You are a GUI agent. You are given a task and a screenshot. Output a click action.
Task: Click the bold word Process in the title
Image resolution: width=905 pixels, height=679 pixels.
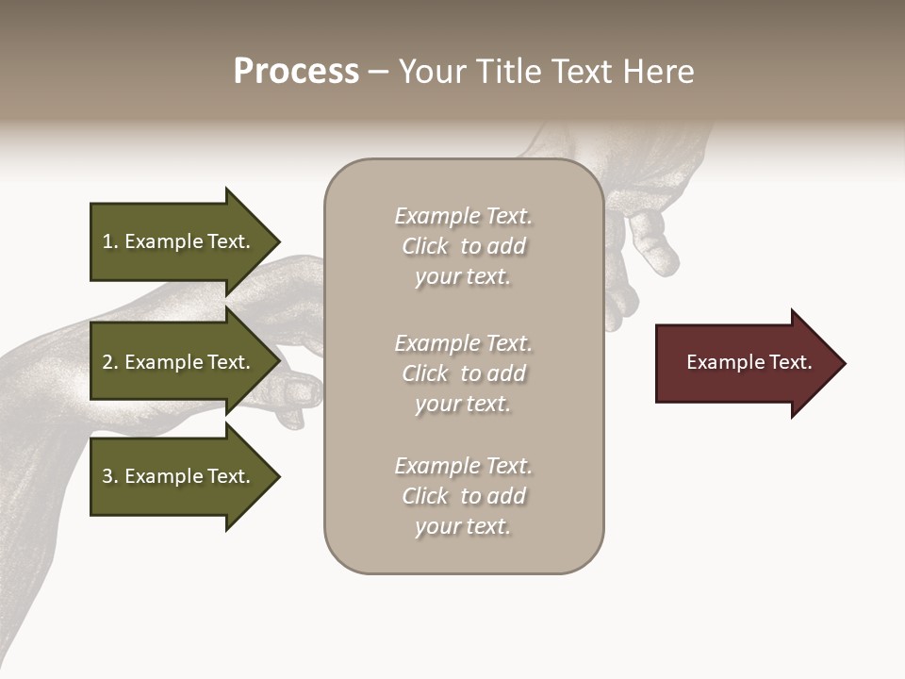[296, 72]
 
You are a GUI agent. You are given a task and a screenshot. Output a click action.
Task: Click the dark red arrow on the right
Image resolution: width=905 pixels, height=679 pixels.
[745, 363]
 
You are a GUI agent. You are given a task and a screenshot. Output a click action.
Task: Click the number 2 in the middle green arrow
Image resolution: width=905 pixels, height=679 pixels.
[107, 362]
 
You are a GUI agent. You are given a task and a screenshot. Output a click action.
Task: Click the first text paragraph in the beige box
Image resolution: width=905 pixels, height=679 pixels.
[463, 246]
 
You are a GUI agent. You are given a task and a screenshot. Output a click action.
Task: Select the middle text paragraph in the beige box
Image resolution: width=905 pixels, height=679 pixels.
[463, 373]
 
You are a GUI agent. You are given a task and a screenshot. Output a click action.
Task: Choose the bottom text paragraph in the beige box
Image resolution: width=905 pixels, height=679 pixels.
[463, 496]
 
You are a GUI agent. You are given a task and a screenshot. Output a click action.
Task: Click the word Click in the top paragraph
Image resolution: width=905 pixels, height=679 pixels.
[425, 246]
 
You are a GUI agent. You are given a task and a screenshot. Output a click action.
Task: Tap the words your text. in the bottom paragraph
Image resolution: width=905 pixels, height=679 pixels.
[463, 526]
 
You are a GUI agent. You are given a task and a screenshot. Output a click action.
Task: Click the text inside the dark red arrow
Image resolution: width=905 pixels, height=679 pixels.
[749, 362]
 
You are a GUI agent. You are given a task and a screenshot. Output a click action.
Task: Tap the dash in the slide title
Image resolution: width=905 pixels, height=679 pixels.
[378, 73]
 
